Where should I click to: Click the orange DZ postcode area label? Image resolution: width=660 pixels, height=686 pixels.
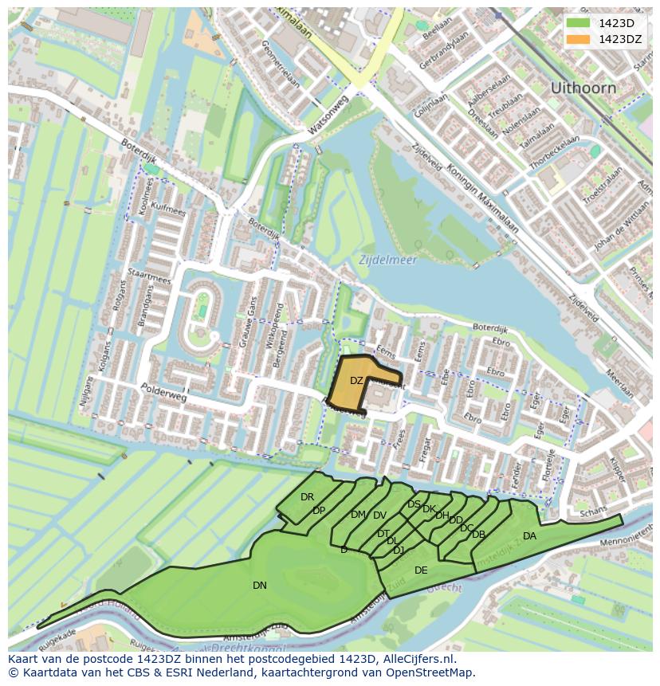(x=356, y=381)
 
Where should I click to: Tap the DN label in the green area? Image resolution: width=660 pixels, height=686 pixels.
(x=260, y=586)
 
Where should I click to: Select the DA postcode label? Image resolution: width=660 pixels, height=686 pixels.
(x=529, y=536)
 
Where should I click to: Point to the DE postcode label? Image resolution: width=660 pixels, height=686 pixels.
(x=421, y=570)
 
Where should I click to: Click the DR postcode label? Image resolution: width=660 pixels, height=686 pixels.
(x=307, y=497)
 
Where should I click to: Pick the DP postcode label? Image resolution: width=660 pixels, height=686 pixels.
(x=319, y=511)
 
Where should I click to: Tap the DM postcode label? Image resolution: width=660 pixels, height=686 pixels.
(x=358, y=515)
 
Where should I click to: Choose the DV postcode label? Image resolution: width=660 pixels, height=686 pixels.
(x=379, y=515)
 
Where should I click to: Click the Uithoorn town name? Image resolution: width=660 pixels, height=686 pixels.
(x=583, y=88)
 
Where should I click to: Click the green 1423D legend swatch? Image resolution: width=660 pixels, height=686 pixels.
(x=579, y=23)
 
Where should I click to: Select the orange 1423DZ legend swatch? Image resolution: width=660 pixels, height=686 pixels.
(x=579, y=39)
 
